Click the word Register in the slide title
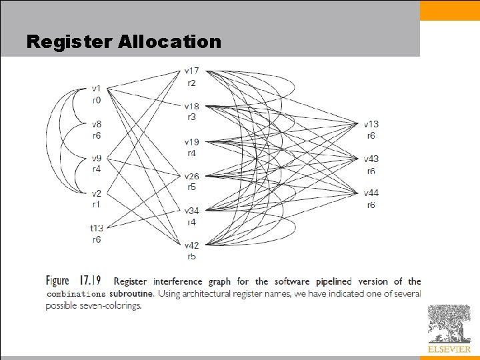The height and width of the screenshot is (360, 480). (x=70, y=42)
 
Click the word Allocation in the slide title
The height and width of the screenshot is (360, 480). (x=170, y=42)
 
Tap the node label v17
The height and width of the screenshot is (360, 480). (x=191, y=71)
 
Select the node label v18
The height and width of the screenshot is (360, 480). (x=191, y=107)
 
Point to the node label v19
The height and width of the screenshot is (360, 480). (x=191, y=142)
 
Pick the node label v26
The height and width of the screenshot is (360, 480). (x=191, y=177)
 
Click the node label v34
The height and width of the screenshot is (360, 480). (x=191, y=211)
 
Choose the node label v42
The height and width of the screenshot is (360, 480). (x=191, y=246)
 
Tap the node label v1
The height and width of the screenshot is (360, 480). (x=97, y=89)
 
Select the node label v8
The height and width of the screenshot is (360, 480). (x=97, y=124)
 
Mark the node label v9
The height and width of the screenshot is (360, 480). (x=97, y=159)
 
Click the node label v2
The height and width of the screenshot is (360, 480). (x=97, y=193)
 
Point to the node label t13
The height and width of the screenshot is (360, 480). (x=97, y=228)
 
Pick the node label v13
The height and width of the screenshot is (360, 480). (x=371, y=124)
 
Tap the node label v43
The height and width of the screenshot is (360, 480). (x=371, y=159)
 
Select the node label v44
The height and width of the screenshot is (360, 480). (x=371, y=193)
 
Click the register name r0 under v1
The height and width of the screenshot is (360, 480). (x=97, y=100)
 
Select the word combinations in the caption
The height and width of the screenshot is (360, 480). (x=76, y=294)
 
